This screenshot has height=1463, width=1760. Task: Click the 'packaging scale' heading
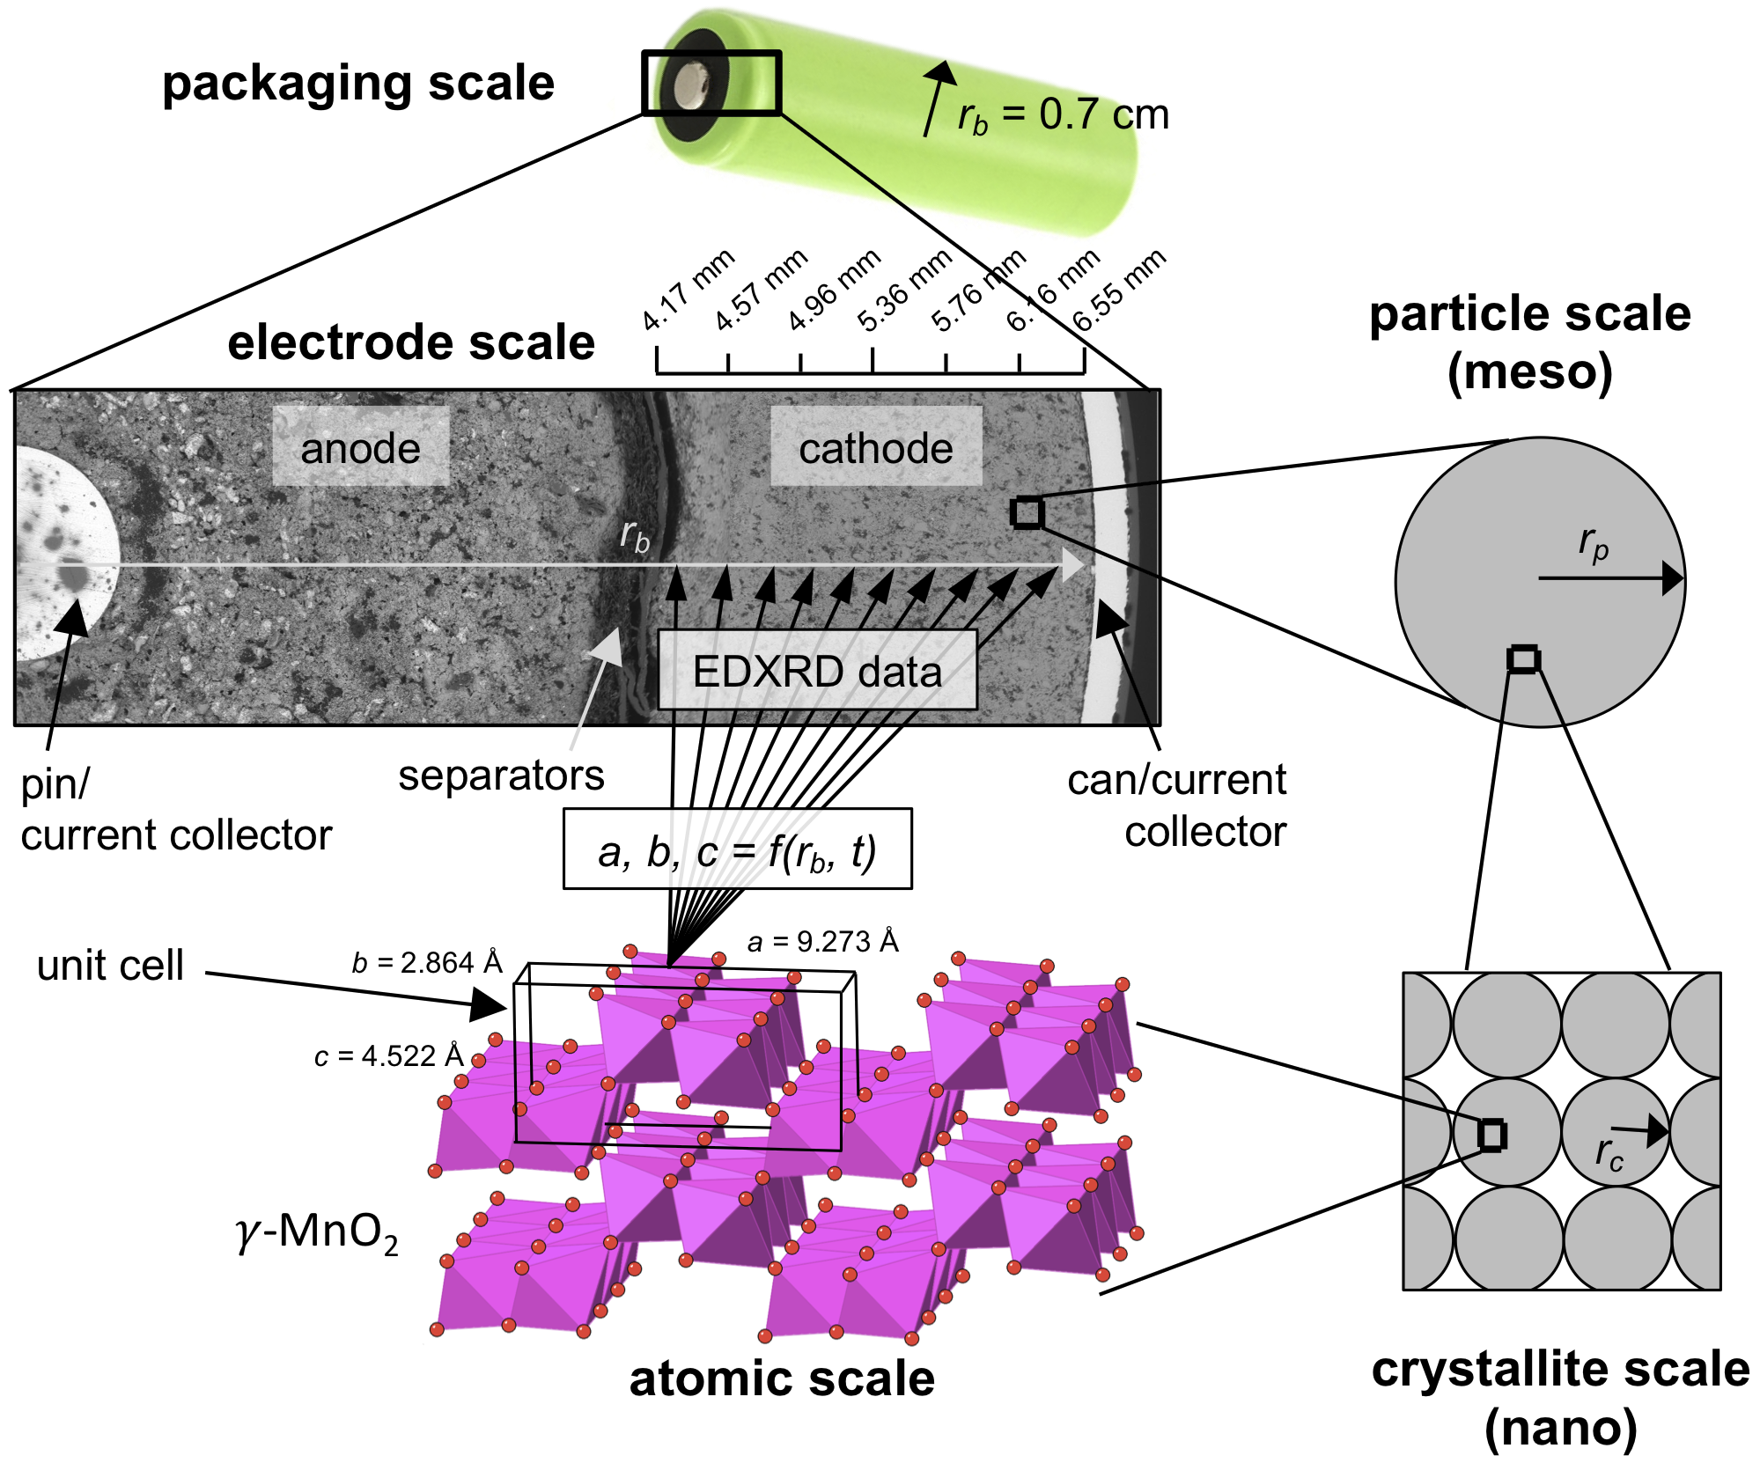tap(358, 84)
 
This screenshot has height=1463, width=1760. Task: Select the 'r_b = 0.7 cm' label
tap(1063, 115)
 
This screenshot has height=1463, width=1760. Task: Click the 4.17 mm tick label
tap(688, 290)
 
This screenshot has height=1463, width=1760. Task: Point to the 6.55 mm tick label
tap(1119, 290)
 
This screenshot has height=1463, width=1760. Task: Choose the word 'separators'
tap(501, 776)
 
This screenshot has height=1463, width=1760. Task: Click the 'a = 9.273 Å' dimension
tap(822, 942)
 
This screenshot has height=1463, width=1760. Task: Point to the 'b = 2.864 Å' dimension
tap(427, 963)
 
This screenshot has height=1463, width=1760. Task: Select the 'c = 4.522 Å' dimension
tap(388, 1055)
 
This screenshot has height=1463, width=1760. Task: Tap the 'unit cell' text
tap(110, 966)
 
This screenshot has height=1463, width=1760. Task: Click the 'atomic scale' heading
tap(782, 1378)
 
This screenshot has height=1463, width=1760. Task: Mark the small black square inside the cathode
tap(1027, 512)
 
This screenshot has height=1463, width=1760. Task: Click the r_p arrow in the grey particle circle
tap(1610, 578)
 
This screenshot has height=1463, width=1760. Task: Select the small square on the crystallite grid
tap(1491, 1136)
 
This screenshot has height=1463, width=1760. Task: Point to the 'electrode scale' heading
tap(411, 342)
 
